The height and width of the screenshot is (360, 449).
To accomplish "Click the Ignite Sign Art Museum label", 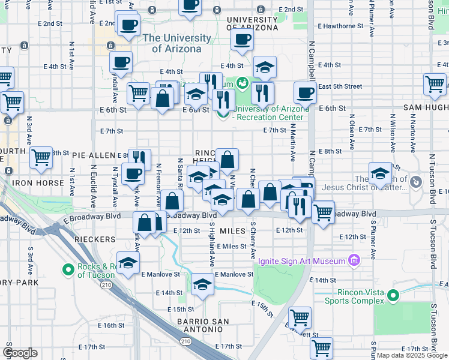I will coord(302,261).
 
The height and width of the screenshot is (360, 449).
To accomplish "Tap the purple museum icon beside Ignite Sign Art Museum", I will coord(354,260).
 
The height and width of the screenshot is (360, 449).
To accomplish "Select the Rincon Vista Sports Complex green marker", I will coord(393,295).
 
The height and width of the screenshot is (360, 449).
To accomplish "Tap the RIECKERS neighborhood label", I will coord(94,239).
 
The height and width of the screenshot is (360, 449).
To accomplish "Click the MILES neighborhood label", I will coord(234,231).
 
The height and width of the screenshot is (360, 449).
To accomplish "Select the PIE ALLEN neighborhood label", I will coord(93,155).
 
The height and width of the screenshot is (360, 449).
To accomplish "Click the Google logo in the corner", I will coord(20,352).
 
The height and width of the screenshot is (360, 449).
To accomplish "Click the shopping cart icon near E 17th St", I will coord(322,347).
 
